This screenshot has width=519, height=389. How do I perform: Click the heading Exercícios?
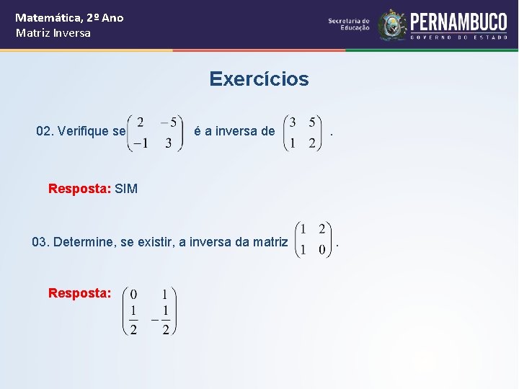(259, 79)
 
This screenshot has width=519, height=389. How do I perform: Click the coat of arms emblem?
(393, 25)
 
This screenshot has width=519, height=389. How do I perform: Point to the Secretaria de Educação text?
(349, 24)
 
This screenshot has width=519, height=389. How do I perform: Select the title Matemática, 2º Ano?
(69, 17)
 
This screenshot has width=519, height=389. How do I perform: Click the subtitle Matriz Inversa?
(53, 33)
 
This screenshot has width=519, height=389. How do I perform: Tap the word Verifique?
(84, 131)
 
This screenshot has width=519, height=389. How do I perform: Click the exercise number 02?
(44, 131)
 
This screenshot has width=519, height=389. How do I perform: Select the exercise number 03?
(40, 242)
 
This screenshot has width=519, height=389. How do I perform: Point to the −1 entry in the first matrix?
(139, 143)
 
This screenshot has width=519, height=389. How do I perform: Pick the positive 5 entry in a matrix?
(311, 122)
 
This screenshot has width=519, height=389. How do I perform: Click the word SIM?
(126, 189)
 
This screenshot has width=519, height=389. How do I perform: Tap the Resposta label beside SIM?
(79, 189)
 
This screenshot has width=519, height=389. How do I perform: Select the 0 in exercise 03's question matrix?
(321, 250)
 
